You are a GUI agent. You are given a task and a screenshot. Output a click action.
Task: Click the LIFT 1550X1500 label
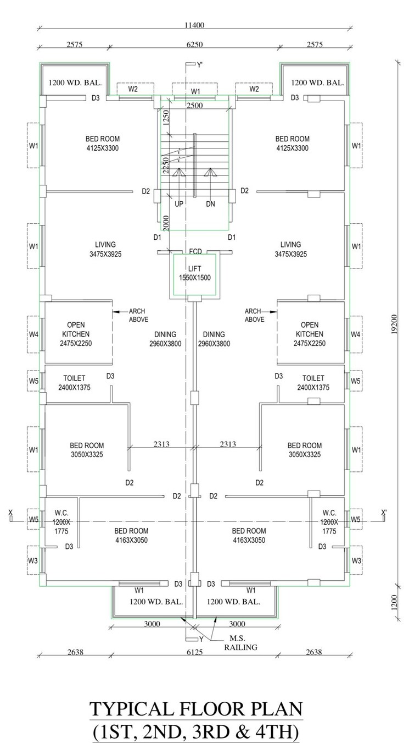pyautogui.click(x=194, y=273)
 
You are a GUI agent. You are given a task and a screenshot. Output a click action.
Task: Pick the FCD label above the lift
pyautogui.click(x=195, y=252)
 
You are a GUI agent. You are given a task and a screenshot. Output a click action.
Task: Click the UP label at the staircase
pyautogui.click(x=178, y=203)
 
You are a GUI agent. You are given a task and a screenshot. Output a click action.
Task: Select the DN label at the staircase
pyautogui.click(x=210, y=203)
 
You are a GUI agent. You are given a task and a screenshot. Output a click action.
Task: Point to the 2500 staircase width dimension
pyautogui.click(x=195, y=105)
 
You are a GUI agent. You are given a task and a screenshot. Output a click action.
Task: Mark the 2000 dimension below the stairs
pyautogui.click(x=165, y=221)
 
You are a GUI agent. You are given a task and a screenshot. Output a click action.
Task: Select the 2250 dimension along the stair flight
pyautogui.click(x=165, y=163)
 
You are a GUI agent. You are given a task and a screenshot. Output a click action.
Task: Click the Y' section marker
pyautogui.click(x=199, y=64)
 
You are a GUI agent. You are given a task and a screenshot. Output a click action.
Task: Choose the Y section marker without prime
pyautogui.click(x=201, y=639)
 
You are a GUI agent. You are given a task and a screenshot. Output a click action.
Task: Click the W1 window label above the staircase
pyautogui.click(x=195, y=90)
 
